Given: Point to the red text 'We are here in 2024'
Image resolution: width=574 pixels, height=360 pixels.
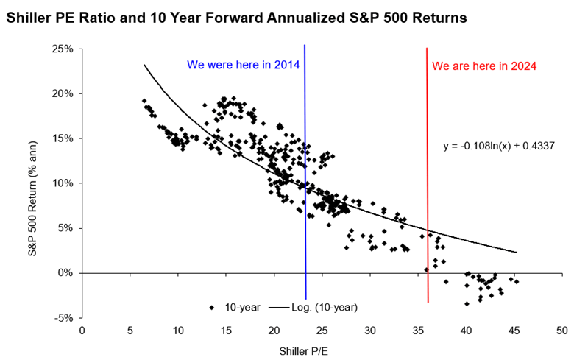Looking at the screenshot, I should [x=484, y=66].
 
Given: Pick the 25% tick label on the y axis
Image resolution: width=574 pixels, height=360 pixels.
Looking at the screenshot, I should [x=63, y=49].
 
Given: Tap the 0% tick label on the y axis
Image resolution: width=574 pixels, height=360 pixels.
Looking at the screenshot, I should [x=65, y=273].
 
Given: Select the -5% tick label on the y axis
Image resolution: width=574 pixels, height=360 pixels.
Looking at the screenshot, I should [x=64, y=318].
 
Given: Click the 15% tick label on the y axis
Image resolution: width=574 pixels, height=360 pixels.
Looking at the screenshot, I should [x=63, y=138].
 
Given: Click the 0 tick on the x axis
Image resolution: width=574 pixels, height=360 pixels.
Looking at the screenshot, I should [x=82, y=331].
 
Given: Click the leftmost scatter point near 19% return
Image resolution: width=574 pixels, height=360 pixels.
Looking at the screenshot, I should [x=144, y=101].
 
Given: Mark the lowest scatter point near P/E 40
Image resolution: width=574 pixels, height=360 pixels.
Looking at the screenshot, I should [x=467, y=303].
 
